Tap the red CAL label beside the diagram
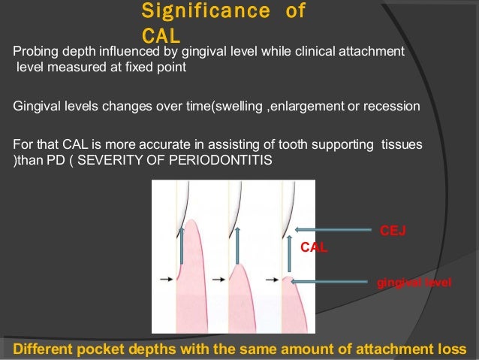pyautogui.click(x=314, y=247)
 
